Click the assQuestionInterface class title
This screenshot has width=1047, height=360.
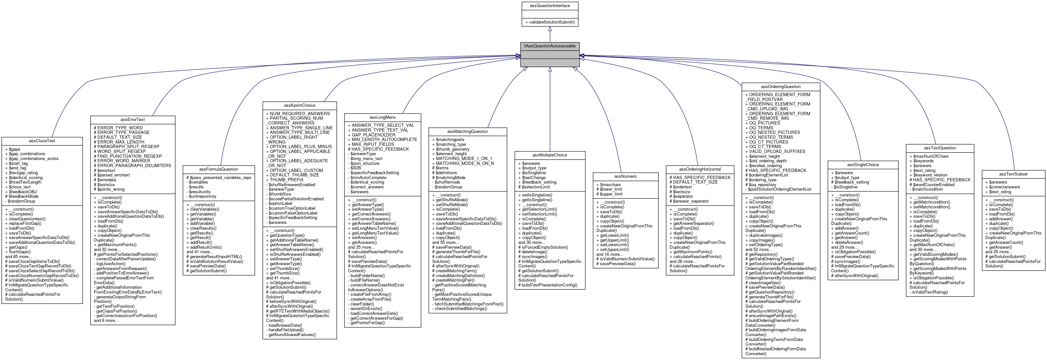(x=550, y=6)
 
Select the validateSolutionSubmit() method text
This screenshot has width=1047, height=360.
(x=552, y=22)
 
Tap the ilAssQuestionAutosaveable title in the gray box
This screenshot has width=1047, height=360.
(x=550, y=46)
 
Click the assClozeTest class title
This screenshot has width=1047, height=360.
(x=42, y=141)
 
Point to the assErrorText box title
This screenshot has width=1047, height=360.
(x=133, y=119)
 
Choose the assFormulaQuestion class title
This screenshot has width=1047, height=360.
(x=219, y=169)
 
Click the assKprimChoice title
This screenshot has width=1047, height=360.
(x=300, y=105)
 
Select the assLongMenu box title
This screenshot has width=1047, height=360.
(x=383, y=117)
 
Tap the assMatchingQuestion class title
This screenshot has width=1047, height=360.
(x=467, y=132)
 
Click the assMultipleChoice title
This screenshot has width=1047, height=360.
(x=550, y=155)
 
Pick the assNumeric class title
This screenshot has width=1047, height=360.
(x=625, y=176)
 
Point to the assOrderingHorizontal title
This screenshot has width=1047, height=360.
(x=700, y=169)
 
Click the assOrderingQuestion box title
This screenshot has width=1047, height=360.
(x=781, y=86)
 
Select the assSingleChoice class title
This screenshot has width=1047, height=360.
(x=863, y=165)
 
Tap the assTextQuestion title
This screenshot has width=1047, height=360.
(x=940, y=148)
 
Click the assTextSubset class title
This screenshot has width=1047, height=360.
(x=1013, y=174)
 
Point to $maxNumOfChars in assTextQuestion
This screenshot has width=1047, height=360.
(x=931, y=156)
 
